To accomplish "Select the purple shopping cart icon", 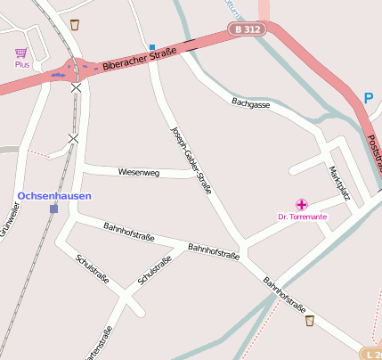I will [20, 53].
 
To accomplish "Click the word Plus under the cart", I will [21, 65].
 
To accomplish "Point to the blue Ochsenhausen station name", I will [53, 195].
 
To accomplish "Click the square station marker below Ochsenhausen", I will [54, 209].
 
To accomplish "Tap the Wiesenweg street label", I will [138, 172].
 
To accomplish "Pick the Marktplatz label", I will [339, 182].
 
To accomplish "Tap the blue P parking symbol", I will [370, 99].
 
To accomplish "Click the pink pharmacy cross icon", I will [302, 205].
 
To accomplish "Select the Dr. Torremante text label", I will [302, 217].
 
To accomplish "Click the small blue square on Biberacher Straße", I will [152, 47].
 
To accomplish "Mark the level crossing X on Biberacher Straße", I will [77, 87].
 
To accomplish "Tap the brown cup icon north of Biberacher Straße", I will [74, 24].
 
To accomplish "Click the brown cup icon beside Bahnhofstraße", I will [309, 320].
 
